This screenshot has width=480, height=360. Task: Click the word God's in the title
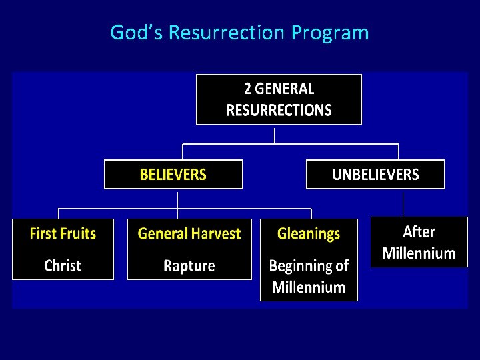click(x=137, y=32)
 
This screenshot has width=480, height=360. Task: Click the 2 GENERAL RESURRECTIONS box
click(x=279, y=99)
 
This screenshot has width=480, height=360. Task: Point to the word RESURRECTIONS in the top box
click(x=279, y=110)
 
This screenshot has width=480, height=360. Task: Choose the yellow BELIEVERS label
click(x=173, y=175)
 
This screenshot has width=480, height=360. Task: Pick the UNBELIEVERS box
click(x=375, y=175)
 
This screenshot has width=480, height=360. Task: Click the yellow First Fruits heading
click(x=63, y=233)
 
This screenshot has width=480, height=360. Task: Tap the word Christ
click(x=63, y=266)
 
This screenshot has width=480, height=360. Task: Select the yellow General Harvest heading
click(x=189, y=233)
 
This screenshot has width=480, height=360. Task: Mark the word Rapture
click(x=189, y=266)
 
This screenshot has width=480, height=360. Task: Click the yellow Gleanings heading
click(x=308, y=233)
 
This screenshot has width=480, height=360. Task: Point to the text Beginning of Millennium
click(x=308, y=277)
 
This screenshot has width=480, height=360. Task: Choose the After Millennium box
click(x=419, y=242)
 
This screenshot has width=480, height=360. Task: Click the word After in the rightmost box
click(x=419, y=232)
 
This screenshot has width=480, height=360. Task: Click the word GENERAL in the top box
click(x=284, y=89)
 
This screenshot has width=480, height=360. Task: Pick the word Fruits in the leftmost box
click(x=79, y=233)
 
